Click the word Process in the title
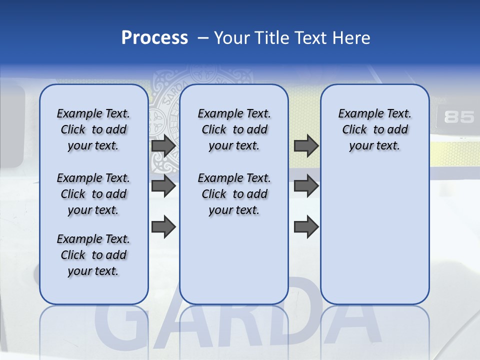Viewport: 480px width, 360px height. (x=154, y=37)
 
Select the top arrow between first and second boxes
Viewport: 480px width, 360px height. (x=163, y=145)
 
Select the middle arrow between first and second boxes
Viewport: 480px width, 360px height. (x=163, y=186)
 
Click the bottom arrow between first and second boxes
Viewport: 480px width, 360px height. (x=163, y=226)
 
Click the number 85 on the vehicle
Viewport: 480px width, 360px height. (x=458, y=117)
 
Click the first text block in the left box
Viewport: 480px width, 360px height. (x=93, y=129)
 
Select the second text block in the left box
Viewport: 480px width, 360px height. (x=93, y=194)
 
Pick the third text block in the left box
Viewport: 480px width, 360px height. (x=93, y=255)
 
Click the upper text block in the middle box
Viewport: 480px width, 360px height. (x=234, y=129)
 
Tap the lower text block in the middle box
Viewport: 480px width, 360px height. (x=234, y=194)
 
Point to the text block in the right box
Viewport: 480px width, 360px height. (x=374, y=129)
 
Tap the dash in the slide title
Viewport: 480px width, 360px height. (x=203, y=38)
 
